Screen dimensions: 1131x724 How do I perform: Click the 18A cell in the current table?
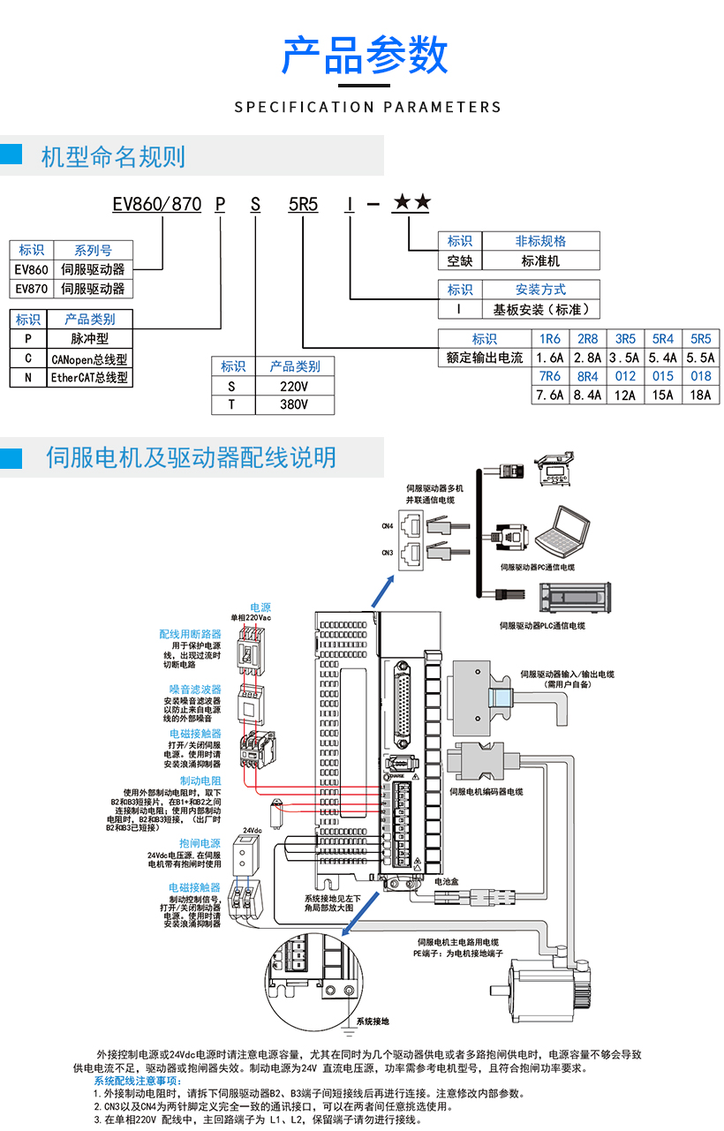[700, 396]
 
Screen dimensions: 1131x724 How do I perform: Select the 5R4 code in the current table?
[662, 339]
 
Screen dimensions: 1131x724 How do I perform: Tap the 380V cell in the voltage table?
[294, 405]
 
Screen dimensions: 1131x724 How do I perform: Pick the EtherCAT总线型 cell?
[89, 378]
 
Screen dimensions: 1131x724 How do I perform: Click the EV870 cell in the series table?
[32, 289]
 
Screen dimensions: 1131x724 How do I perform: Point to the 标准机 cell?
[540, 261]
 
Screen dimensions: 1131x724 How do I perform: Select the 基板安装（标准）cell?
[540, 309]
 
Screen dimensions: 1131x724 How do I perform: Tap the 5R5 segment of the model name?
[303, 205]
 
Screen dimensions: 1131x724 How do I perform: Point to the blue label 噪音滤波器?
[195, 689]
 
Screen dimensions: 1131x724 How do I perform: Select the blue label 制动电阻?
[200, 781]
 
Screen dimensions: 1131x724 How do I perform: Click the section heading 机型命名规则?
[113, 157]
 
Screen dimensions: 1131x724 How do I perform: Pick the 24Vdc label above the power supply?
[252, 831]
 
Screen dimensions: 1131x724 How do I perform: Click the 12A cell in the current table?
[624, 396]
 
